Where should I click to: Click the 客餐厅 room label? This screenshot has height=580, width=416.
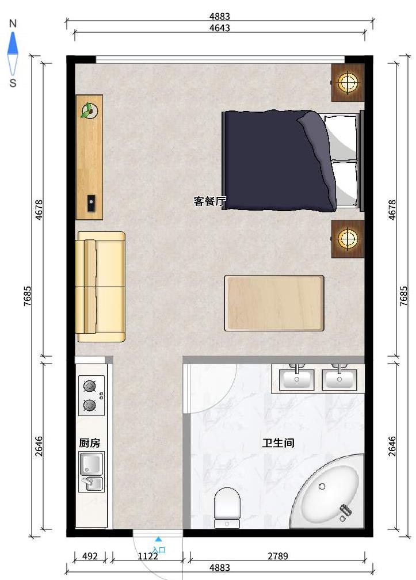pyautogui.click(x=209, y=201)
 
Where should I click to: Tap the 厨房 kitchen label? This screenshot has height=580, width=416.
pyautogui.click(x=90, y=443)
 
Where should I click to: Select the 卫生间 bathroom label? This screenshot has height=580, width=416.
pyautogui.click(x=278, y=442)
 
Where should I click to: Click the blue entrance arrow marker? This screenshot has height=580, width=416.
pyautogui.click(x=158, y=539)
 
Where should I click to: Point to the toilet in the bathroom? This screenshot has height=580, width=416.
pyautogui.click(x=227, y=507)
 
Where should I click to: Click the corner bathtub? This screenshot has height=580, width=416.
pyautogui.click(x=327, y=491)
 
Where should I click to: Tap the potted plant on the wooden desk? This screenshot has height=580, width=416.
pyautogui.click(x=89, y=110)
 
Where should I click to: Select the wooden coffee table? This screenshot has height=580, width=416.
pyautogui.click(x=274, y=303)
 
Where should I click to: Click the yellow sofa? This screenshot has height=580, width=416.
pyautogui.click(x=101, y=287)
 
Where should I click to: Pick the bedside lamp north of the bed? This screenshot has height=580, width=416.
pyautogui.click(x=348, y=82)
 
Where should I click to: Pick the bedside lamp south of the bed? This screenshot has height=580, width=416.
pyautogui.click(x=348, y=239)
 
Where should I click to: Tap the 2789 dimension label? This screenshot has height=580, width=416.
pyautogui.click(x=278, y=556)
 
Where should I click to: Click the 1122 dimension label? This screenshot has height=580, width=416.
pyautogui.click(x=148, y=556)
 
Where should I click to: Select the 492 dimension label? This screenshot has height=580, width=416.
pyautogui.click(x=90, y=556)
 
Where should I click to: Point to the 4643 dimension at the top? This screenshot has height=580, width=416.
pyautogui.click(x=220, y=28)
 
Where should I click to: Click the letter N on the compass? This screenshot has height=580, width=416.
pyautogui.click(x=13, y=24)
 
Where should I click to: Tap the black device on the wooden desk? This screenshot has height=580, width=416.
pyautogui.click(x=91, y=203)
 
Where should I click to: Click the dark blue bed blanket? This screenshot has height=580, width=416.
pyautogui.click(x=279, y=161)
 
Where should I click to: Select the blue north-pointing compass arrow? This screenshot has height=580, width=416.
pyautogui.click(x=13, y=43)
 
